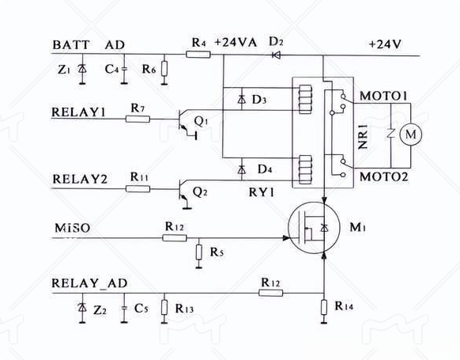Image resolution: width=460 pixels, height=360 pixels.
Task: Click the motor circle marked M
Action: pos(411,135)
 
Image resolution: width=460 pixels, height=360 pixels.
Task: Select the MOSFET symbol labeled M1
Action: pos(314,228)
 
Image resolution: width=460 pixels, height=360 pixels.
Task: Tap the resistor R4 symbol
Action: pos(198,54)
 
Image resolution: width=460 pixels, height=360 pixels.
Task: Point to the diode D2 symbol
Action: pos(276,55)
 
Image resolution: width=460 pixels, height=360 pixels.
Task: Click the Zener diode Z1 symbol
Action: pos(82,69)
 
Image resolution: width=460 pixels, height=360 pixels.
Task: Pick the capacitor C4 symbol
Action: pos(124,69)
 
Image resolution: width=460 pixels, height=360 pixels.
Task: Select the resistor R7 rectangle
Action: pos(138,119)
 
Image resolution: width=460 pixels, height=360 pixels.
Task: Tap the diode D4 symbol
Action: pos(241,169)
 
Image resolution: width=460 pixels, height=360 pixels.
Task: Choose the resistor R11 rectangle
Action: pos(138,188)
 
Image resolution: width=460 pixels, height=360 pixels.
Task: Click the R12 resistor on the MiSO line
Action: pos(175,237)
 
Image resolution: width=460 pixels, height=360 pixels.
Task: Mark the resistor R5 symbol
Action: pos(199,252)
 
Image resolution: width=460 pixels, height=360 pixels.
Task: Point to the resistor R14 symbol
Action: pos(324,307)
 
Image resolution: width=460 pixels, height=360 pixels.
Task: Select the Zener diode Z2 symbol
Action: pos(82,308)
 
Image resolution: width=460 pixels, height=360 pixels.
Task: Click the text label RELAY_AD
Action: pos(89,283)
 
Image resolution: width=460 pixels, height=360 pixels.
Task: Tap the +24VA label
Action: pos(236,43)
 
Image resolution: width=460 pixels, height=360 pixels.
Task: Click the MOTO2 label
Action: pos(383,176)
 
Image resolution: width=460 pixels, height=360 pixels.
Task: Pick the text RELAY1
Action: pos(78,112)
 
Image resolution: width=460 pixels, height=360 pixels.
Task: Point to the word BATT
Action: pos(71,45)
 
